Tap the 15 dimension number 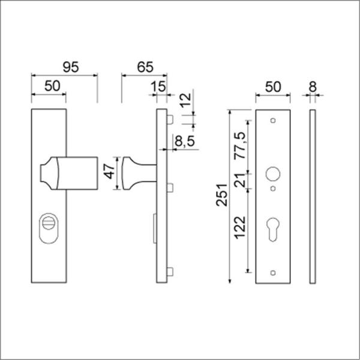pyautogui.click(x=158, y=87)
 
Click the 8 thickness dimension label pyautogui.click(x=313, y=87)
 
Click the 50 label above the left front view pyautogui.click(x=52, y=87)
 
